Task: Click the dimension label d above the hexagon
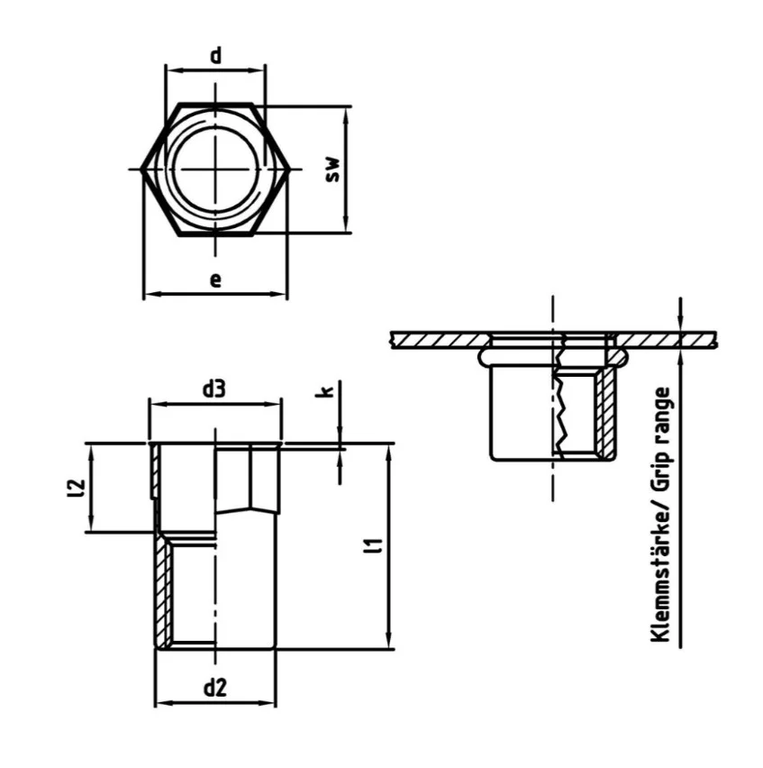point(216,56)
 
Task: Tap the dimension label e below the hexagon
point(215,279)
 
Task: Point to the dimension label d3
point(213,389)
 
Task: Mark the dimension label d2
point(213,689)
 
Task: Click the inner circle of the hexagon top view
point(215,169)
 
